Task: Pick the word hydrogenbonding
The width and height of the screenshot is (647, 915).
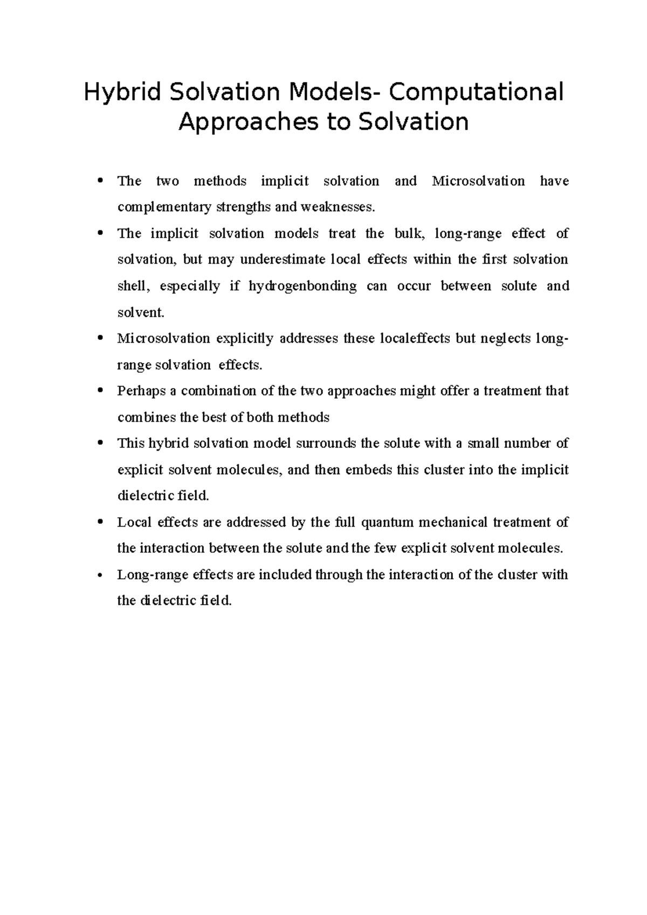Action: [x=302, y=286]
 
